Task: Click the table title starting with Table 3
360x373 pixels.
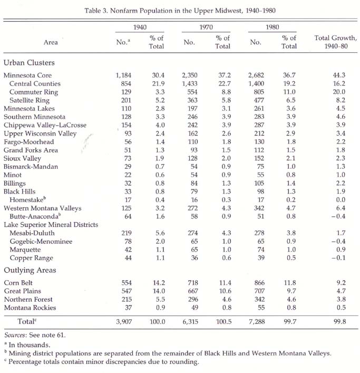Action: pos(180,11)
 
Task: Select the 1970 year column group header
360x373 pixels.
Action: pos(206,27)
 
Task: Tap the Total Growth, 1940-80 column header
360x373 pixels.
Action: pos(336,42)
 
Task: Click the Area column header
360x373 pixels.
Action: pos(51,42)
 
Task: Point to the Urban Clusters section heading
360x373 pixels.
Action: pos(29,63)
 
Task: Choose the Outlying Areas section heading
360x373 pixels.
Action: pos(30,270)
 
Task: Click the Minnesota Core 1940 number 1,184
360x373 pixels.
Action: pos(123,75)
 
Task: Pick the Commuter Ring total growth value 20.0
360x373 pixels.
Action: pos(339,92)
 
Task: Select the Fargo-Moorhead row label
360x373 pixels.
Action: pos(29,142)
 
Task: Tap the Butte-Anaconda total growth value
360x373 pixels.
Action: pos(338,216)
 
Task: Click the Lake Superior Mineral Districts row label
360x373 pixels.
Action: pos(51,225)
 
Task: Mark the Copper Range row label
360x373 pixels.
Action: pos(32,258)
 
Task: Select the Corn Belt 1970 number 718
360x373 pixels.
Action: pos(193,283)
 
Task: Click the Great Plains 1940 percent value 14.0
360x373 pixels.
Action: pos(159,291)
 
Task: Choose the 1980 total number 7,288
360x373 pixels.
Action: pos(257,322)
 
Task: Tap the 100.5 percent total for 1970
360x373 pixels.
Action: pos(223,322)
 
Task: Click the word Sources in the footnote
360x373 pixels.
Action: pos(15,335)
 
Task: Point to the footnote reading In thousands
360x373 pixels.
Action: pos(27,345)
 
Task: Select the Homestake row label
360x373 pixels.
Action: pos(27,199)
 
